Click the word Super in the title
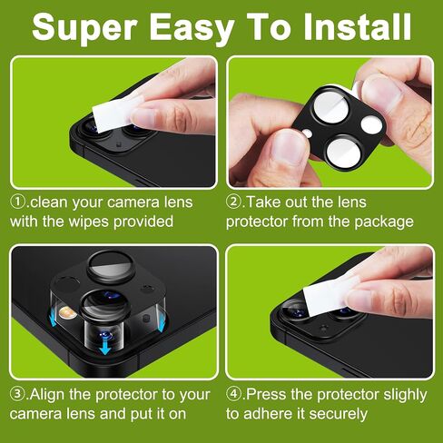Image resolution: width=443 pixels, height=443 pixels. click(x=84, y=28)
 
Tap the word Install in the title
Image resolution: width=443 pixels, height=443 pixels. click(x=357, y=26)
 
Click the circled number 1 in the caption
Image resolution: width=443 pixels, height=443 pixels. click(x=18, y=202)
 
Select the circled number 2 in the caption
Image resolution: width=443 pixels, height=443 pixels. click(x=233, y=202)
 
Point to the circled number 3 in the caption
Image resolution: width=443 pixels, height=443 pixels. click(x=18, y=394)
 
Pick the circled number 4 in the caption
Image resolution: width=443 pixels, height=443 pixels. click(x=233, y=394)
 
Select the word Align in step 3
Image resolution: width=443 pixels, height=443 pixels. click(x=47, y=394)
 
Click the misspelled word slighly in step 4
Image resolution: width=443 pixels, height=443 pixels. click(x=405, y=395)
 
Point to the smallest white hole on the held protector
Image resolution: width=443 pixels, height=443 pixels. click(x=308, y=133)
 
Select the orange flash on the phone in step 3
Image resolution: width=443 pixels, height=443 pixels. click(x=67, y=313)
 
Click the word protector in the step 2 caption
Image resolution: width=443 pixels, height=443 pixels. click(x=257, y=222)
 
